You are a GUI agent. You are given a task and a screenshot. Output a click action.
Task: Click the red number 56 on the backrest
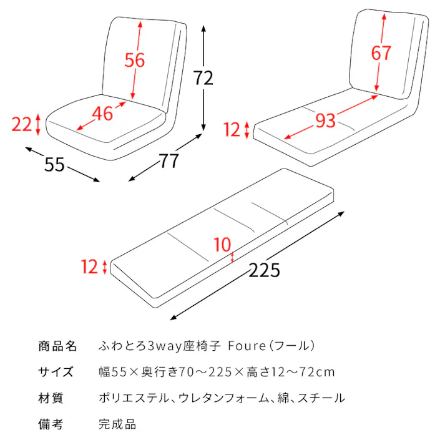pyautogui.click(x=134, y=61)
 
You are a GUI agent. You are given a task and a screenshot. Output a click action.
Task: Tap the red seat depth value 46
pyautogui.click(x=102, y=114)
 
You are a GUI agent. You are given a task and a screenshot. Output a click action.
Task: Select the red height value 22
pyautogui.click(x=22, y=125)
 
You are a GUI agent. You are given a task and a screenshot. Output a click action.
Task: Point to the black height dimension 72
pyautogui.click(x=203, y=78)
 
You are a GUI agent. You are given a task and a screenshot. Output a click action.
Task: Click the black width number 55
pyautogui.click(x=55, y=165)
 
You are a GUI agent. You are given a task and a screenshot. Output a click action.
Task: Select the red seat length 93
pyautogui.click(x=325, y=120)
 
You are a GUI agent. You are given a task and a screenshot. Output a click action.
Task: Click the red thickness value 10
pyautogui.click(x=222, y=245)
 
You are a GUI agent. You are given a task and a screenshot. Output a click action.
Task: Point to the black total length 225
pyautogui.click(x=264, y=270)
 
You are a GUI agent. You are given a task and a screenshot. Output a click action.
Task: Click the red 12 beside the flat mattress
pyautogui.click(x=89, y=267)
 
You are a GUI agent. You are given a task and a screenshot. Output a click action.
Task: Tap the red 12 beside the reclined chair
pyautogui.click(x=232, y=130)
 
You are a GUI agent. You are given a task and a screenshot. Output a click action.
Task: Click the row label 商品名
pyautogui.click(x=57, y=346)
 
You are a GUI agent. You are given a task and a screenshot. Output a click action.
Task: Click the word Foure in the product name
pyautogui.click(x=249, y=346)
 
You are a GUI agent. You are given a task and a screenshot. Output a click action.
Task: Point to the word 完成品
pyautogui.click(x=117, y=425)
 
